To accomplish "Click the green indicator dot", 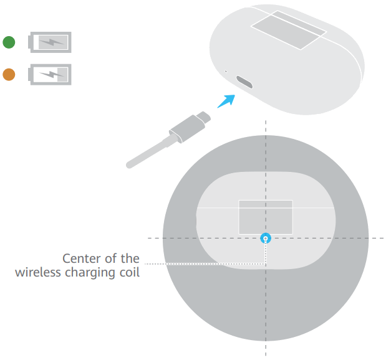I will point(9,42).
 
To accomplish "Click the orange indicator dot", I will point(9,75).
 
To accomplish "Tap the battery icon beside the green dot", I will point(51,42).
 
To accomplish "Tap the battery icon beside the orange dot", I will point(51,75).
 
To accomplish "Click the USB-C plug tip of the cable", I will point(203,117).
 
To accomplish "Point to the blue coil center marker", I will point(266,237).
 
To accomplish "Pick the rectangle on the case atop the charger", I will point(266,217).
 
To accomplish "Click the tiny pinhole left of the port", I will point(226,72).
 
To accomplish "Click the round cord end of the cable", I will point(129,165).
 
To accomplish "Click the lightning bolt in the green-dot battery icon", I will point(50,42).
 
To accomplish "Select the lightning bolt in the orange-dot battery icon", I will point(51,75).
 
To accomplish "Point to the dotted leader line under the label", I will point(206,264).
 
